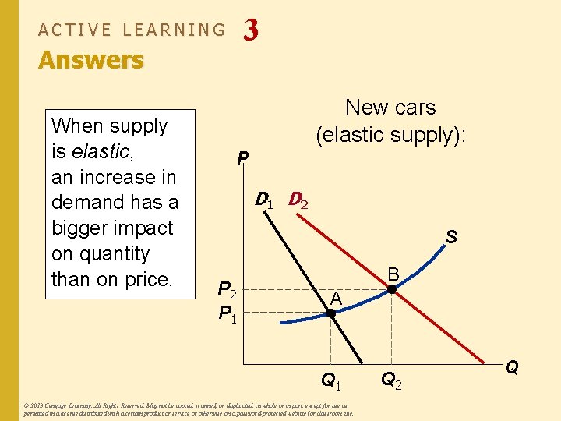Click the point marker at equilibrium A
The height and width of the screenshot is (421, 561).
[x=330, y=313]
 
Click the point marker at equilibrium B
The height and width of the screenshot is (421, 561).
[x=392, y=289]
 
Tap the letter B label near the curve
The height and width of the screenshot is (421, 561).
[x=394, y=274]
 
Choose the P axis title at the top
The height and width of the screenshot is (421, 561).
[x=243, y=159]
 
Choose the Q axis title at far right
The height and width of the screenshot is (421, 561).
[x=513, y=366]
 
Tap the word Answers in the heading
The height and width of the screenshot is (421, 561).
[x=91, y=60]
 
